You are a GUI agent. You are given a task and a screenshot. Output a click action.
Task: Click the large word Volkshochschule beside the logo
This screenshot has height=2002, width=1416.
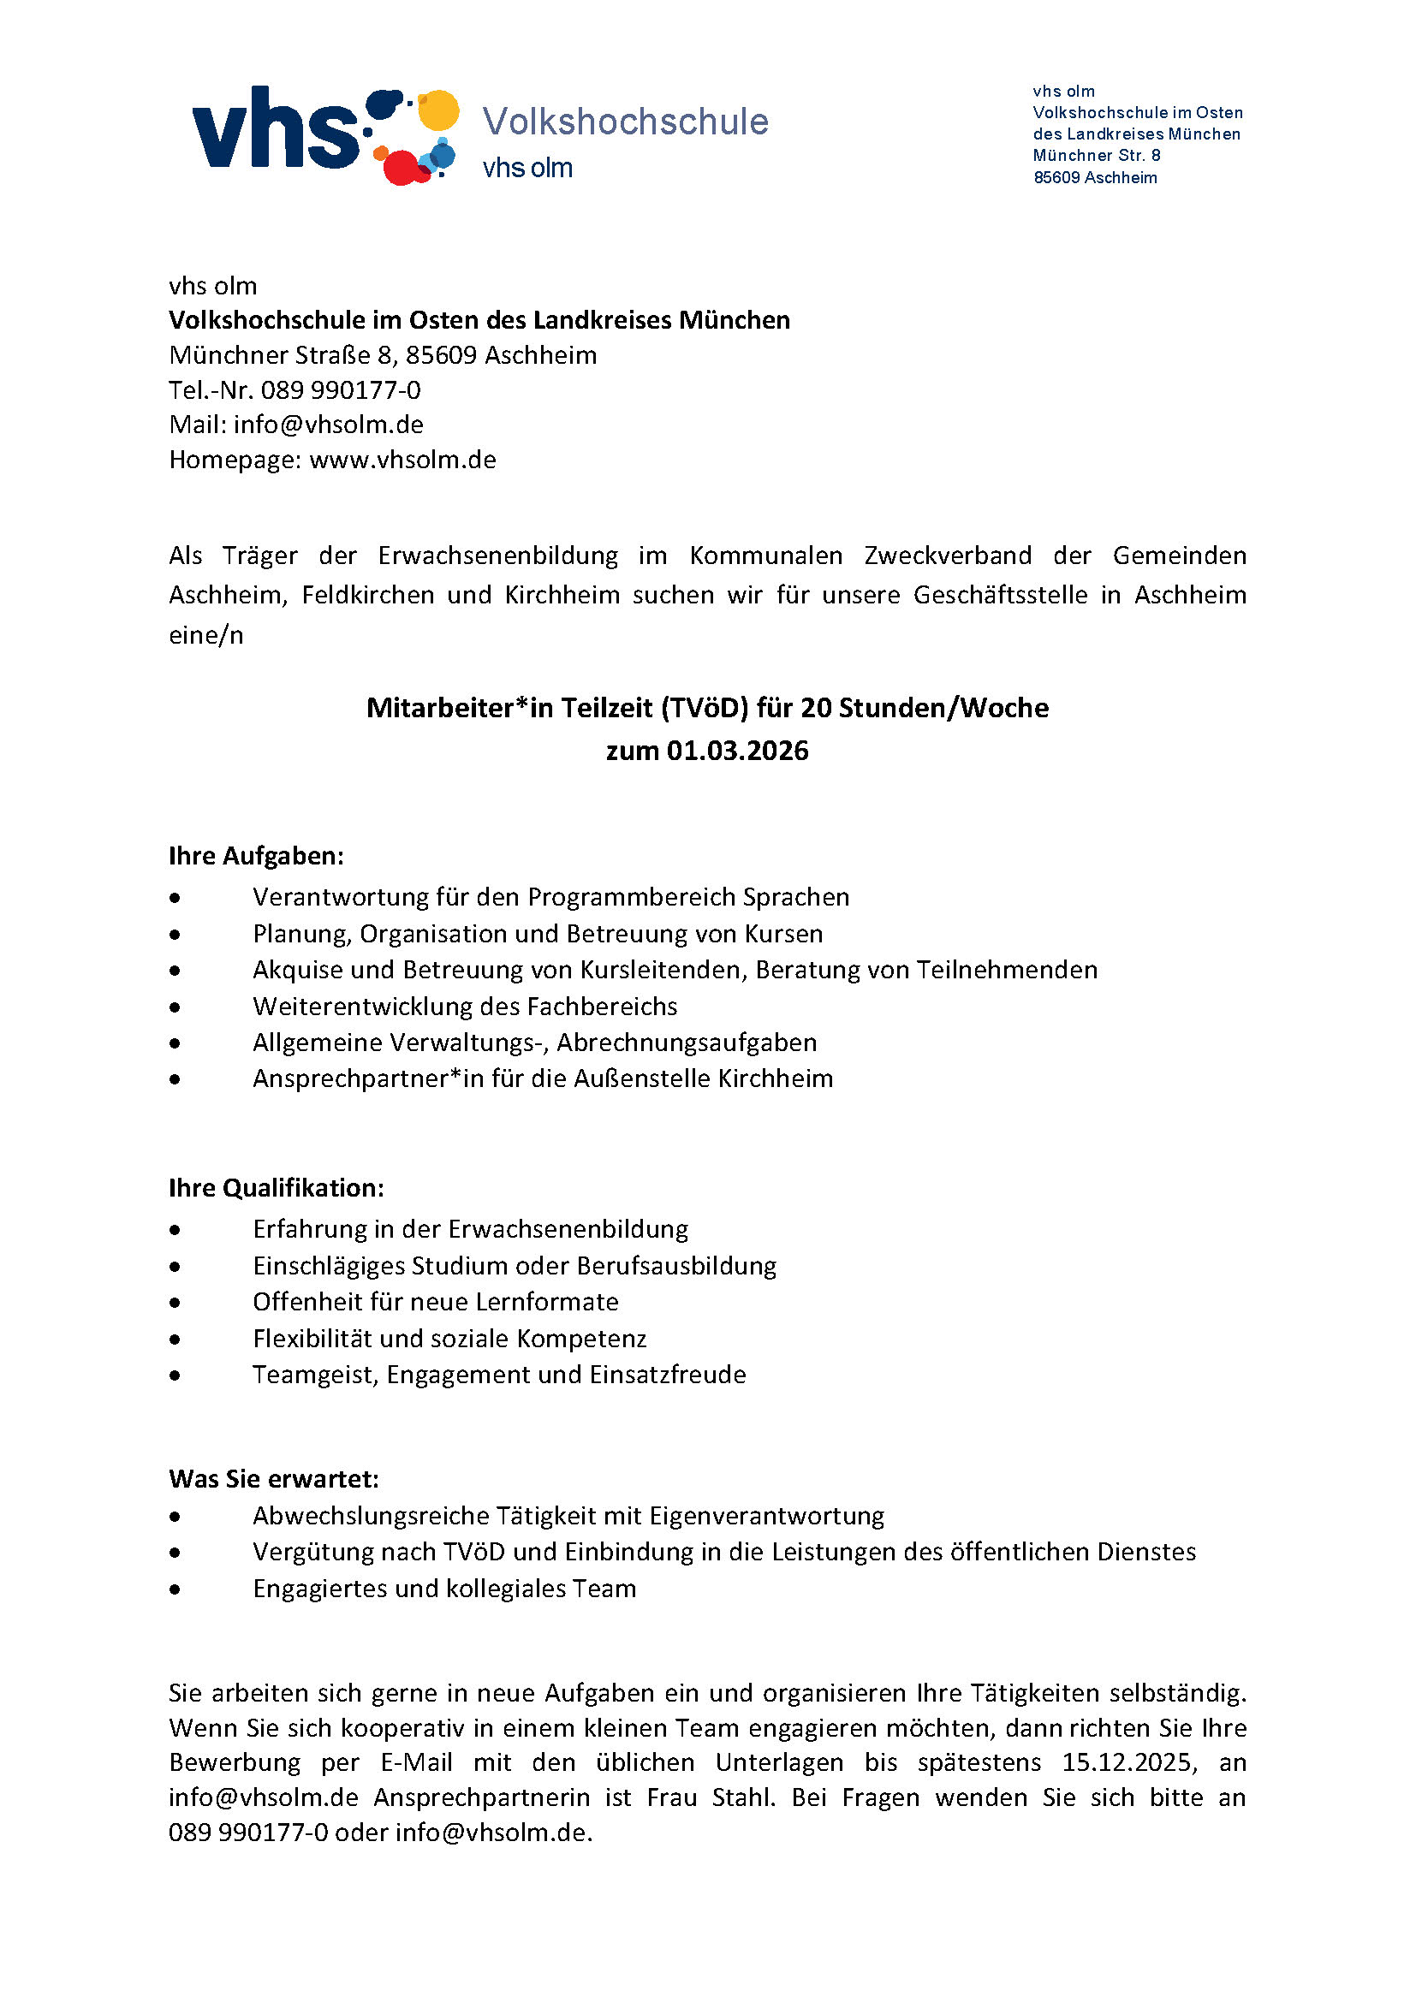[x=625, y=122]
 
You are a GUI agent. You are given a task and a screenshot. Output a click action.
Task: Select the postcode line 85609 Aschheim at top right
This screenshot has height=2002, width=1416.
[x=1095, y=178]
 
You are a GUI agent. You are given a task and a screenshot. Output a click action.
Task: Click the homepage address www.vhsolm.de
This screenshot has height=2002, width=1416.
[x=403, y=460]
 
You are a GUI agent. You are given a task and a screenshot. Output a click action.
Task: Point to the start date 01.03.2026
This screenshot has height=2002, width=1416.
[x=738, y=751]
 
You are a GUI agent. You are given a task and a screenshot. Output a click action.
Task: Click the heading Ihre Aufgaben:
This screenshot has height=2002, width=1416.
[x=256, y=855]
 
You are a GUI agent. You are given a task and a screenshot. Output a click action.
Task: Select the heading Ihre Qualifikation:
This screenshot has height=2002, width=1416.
[x=277, y=1188]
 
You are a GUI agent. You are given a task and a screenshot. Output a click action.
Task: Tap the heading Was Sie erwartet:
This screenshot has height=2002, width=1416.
[x=274, y=1479]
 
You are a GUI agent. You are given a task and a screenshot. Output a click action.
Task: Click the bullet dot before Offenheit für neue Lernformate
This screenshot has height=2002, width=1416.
[x=176, y=1303]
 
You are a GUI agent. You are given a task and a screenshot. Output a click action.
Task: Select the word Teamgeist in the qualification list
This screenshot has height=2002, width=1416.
[x=316, y=1375]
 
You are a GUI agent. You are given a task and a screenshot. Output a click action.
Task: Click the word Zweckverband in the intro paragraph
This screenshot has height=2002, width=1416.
[x=948, y=555]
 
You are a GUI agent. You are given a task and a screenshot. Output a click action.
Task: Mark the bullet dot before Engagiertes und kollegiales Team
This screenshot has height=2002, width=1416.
[x=176, y=1589]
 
